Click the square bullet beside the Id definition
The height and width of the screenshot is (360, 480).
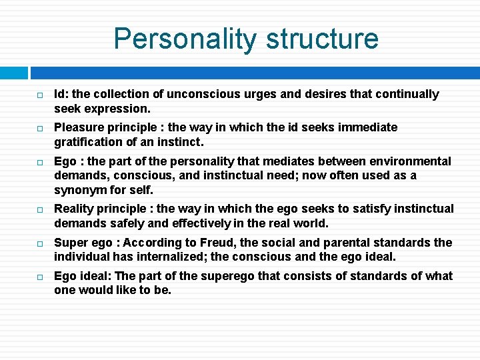tap(39, 95)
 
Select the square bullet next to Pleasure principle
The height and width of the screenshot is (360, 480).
tap(39, 128)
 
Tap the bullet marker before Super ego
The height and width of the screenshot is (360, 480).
tap(39, 243)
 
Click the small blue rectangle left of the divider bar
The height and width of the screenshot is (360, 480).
tap(14, 73)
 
